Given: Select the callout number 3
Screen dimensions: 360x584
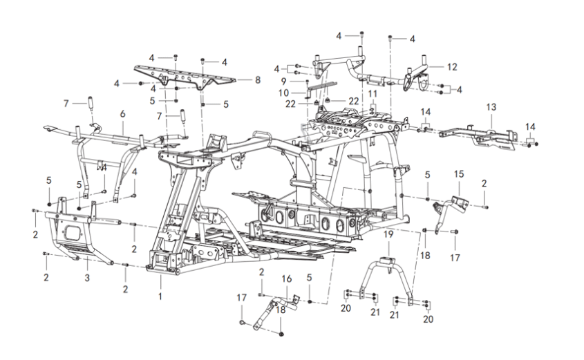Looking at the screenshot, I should click(88, 278).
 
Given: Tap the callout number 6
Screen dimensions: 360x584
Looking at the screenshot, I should click(122, 113).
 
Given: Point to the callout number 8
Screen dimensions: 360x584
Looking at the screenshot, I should click(257, 80).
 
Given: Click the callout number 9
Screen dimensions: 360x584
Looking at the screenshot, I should click(293, 82).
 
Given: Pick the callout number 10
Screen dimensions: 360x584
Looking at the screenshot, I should click(293, 93).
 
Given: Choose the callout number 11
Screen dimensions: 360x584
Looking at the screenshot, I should click(373, 93).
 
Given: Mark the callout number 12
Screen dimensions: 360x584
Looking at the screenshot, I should click(453, 67).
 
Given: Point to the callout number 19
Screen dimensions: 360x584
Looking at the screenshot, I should click(388, 235).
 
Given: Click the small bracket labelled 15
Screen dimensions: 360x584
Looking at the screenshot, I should click(450, 199).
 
